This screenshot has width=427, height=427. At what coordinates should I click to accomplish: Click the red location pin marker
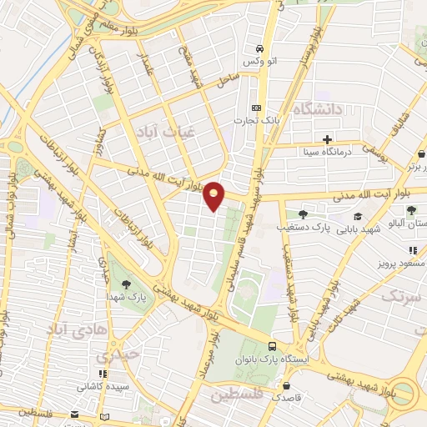214,195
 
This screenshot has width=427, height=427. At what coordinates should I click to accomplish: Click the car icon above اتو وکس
260,48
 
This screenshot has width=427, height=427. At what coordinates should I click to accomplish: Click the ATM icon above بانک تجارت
256,108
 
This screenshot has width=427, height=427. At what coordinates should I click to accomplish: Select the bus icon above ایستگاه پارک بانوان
273,345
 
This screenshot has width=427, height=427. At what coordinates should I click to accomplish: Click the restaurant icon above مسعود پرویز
412,249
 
